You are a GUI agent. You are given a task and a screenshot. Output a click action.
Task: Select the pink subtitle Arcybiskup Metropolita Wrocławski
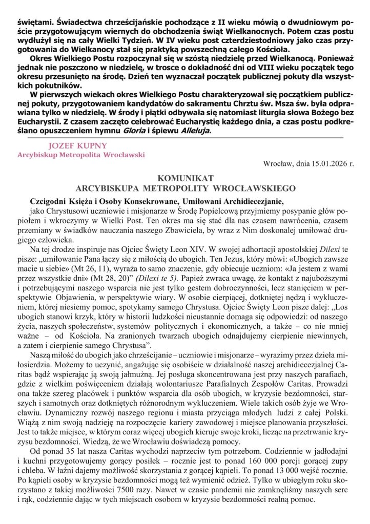click(81, 154)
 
